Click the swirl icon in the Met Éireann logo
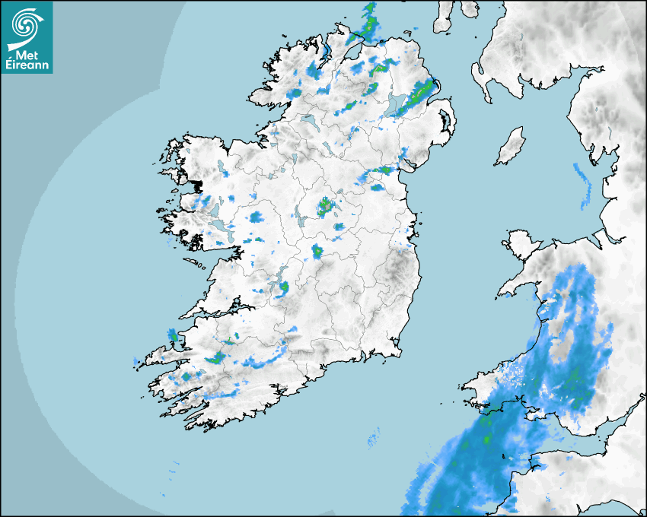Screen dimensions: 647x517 tap(25, 25)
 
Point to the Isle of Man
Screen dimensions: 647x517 tap(510, 146)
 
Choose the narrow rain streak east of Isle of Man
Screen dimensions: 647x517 tap(584, 185)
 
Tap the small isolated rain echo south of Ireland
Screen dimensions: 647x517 tap(373, 437)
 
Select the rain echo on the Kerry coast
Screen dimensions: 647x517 tap(172, 335)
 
